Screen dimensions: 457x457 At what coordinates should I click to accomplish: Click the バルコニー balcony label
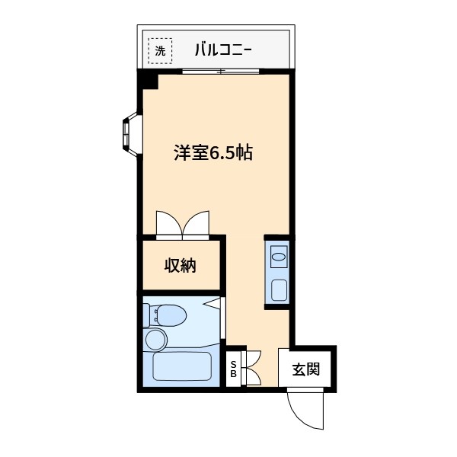222,51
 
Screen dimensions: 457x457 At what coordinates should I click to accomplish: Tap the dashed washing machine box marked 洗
159,51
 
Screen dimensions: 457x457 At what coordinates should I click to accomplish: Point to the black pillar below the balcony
148,79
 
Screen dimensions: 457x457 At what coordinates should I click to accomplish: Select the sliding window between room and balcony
221,72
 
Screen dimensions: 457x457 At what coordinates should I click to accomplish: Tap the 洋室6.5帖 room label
213,152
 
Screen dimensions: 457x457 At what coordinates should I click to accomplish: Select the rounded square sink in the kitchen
280,289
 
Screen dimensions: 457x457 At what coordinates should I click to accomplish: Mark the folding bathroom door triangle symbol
215,305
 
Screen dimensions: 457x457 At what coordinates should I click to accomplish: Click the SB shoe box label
234,369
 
